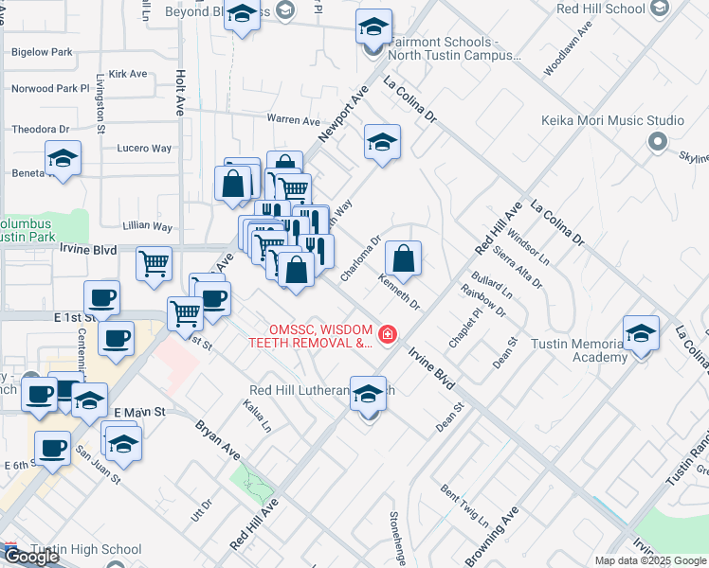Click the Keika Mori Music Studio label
(x=612, y=120)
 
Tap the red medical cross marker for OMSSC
(x=387, y=334)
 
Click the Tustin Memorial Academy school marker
(x=642, y=334)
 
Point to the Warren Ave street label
(x=293, y=120)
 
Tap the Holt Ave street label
(x=179, y=91)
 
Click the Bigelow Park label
(x=42, y=52)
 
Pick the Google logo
(x=30, y=557)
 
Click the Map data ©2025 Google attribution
(x=650, y=560)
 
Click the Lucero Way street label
(x=144, y=149)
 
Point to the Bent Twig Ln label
(x=464, y=506)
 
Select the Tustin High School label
(x=85, y=549)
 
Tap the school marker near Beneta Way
(x=64, y=158)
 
